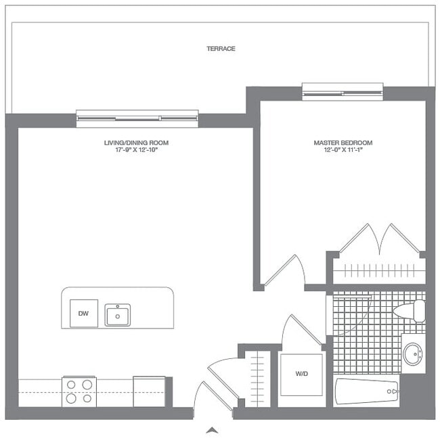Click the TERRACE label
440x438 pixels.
coord(221,49)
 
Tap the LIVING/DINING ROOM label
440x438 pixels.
coord(132,143)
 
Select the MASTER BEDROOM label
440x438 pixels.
coord(343,143)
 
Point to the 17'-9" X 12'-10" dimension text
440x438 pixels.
coord(132,150)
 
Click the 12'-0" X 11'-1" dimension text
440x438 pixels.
coord(343,150)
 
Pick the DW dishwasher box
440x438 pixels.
coord(84,314)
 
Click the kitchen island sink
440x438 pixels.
coord(118,315)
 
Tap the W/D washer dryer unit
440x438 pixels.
coord(302,372)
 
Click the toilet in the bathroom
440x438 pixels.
coord(410,311)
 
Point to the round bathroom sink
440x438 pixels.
coord(412,354)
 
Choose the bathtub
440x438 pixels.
coord(366,391)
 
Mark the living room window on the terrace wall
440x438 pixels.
coord(137,118)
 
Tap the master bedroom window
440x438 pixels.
coord(343,91)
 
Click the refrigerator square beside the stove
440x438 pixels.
coord(149,391)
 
